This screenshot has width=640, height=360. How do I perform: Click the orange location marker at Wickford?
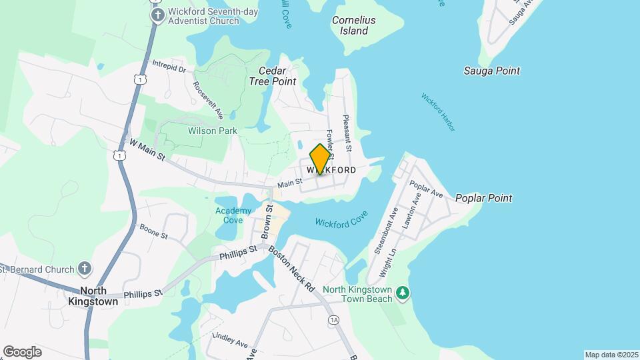point(320,159)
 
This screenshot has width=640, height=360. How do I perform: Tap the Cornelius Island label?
point(354,25)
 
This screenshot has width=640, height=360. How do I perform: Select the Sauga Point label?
point(492,71)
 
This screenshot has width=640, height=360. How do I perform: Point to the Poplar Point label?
point(483,198)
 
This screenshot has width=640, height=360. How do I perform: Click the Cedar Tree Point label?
point(272,76)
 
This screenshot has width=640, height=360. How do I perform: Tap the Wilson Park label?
point(213,131)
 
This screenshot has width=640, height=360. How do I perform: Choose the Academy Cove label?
point(233,215)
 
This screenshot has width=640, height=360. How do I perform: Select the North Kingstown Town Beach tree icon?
point(402,293)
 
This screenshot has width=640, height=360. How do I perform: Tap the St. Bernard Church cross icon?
point(84,269)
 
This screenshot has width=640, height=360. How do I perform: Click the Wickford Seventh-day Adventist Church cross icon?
point(157,15)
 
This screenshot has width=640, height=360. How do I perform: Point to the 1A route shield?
point(333,321)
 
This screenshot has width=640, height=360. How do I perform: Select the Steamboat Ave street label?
point(386,230)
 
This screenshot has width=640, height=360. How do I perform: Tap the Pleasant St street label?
point(347,129)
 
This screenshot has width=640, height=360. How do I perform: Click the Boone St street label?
point(153,231)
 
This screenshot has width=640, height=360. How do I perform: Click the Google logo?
point(22,352)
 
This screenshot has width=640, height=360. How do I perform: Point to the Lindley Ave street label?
point(230,341)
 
